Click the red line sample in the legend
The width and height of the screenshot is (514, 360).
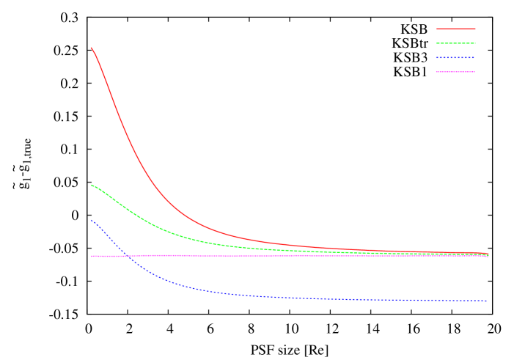(x=455, y=29)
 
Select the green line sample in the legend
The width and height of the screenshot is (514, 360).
(x=455, y=43)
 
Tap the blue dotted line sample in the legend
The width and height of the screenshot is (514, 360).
(x=455, y=58)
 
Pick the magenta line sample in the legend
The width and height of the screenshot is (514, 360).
(x=455, y=72)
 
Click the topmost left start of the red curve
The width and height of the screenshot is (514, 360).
(x=92, y=48)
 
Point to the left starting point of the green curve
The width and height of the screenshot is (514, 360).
(x=92, y=185)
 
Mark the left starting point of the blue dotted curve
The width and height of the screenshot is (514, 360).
(x=92, y=220)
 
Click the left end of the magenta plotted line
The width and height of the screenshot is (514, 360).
(x=92, y=256)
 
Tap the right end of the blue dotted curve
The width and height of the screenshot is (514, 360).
(x=487, y=301)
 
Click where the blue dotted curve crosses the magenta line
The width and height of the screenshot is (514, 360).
(x=127, y=256)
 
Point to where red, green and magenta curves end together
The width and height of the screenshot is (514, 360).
(x=487, y=254)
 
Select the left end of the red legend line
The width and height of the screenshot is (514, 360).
(x=436, y=29)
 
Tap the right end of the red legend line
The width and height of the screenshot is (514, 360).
(x=475, y=29)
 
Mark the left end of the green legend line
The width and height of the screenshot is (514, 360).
(x=436, y=43)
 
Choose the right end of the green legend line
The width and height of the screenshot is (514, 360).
(x=475, y=43)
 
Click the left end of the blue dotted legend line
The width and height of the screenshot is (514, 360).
(x=436, y=58)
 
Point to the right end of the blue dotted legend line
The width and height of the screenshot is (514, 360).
(x=475, y=58)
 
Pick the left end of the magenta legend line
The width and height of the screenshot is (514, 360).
(x=436, y=72)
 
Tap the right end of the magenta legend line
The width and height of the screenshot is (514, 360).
(x=475, y=72)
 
